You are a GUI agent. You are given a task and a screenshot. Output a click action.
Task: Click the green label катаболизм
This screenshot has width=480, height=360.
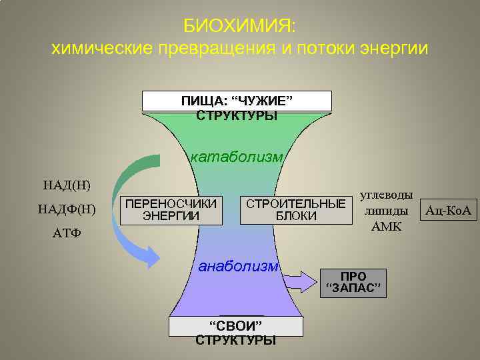[x=237, y=157]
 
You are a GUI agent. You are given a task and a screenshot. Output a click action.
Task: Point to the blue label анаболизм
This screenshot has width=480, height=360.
[x=239, y=266]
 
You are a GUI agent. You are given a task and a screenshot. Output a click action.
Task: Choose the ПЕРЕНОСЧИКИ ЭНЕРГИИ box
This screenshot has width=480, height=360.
[x=171, y=209]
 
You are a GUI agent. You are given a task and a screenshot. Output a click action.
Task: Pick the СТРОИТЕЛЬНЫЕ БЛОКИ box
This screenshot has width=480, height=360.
[x=296, y=209]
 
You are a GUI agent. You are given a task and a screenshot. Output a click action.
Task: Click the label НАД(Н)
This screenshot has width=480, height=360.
[x=67, y=184]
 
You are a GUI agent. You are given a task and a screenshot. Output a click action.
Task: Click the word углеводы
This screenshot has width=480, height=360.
[x=386, y=195]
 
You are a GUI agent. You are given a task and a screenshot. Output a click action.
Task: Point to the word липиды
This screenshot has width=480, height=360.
[x=386, y=211]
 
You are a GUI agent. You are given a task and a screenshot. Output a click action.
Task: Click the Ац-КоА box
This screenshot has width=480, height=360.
[x=447, y=211]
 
